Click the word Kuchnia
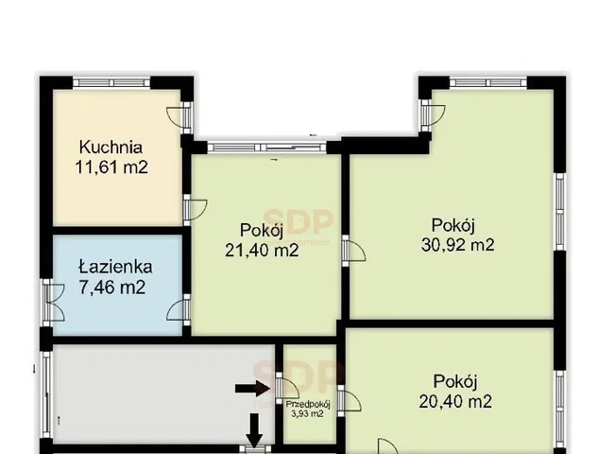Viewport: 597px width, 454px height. point(111,147)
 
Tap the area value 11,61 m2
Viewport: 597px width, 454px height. point(111,167)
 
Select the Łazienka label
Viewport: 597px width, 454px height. point(115,267)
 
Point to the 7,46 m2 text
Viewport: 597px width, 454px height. point(111,287)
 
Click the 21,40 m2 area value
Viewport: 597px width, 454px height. point(262,251)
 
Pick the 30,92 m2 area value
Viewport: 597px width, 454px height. point(457,245)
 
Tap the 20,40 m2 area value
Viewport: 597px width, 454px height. point(455,401)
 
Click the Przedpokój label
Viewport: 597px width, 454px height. point(308,405)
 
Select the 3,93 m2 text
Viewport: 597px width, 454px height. point(307,413)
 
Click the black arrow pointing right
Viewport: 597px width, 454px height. point(253,389)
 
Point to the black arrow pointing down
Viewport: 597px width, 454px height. point(254,430)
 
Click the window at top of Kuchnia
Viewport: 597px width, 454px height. point(111,82)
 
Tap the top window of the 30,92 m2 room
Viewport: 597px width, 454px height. point(488,82)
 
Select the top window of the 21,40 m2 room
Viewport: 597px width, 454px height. point(267,148)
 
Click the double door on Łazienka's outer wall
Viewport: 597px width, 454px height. point(52,303)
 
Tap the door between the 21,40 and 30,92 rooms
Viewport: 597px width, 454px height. point(353,251)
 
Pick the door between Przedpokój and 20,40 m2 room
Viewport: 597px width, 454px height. point(349,401)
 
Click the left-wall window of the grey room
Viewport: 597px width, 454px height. point(46,394)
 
